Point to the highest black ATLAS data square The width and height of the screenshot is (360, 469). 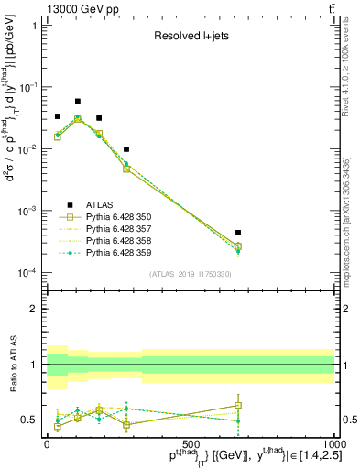click(78, 101)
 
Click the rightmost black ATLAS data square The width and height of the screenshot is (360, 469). click(237, 233)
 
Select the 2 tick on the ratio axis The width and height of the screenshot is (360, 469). click(35, 309)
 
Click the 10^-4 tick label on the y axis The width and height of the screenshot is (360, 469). click(27, 273)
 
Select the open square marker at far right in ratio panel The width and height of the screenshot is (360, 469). click(237, 405)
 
